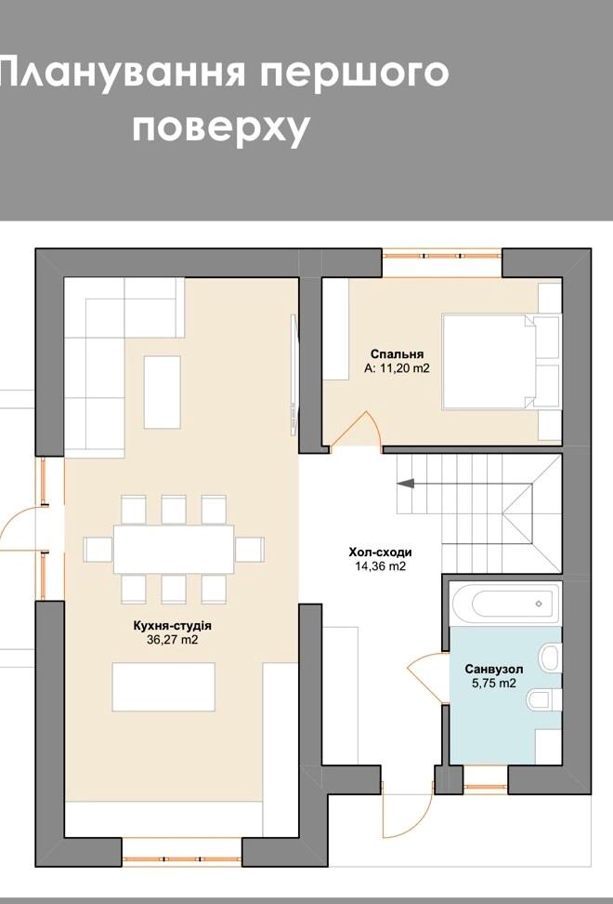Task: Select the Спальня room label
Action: [x=398, y=354]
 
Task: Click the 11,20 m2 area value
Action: [x=405, y=368]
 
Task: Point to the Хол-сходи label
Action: [x=380, y=552]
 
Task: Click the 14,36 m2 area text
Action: [x=380, y=566]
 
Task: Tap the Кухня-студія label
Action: [x=172, y=626]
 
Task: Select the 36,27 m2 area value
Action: [x=172, y=640]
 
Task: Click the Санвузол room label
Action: [x=494, y=670]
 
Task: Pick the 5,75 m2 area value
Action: [x=494, y=684]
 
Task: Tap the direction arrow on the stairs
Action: [x=406, y=484]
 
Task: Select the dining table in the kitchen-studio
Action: [x=174, y=549]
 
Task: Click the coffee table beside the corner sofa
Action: [x=162, y=392]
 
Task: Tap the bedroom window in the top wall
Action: [x=442, y=256]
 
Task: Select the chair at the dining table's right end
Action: [x=250, y=550]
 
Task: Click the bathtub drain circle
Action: [x=539, y=604]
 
